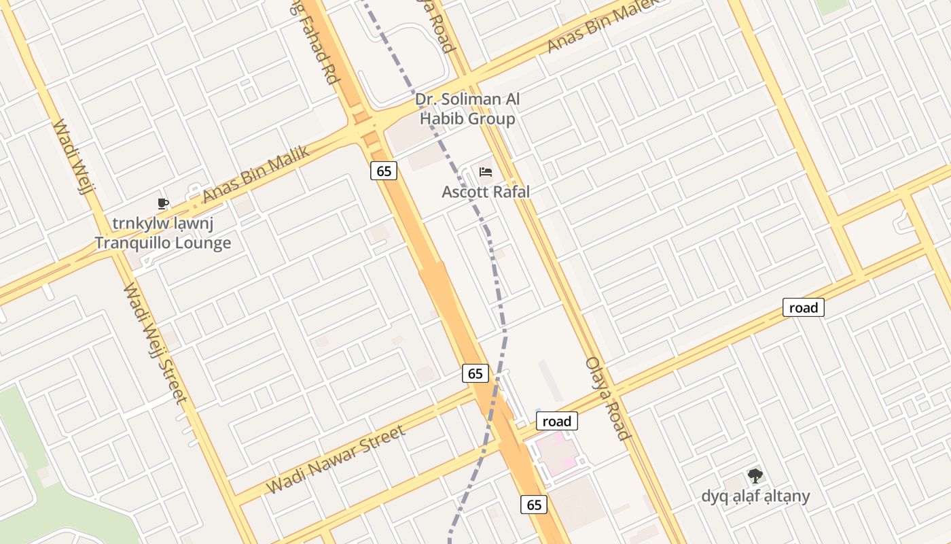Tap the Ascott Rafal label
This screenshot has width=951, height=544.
click(x=485, y=192)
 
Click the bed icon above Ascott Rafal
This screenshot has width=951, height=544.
click(x=485, y=171)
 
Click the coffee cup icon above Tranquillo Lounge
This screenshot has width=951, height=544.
click(x=162, y=203)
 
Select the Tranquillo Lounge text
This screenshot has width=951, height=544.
click(x=162, y=243)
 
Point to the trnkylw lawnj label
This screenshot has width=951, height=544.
click(x=162, y=223)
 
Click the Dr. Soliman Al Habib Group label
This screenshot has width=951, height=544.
click(x=467, y=109)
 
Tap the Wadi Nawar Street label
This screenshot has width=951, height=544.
click(x=336, y=460)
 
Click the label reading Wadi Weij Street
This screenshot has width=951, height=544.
click(x=155, y=343)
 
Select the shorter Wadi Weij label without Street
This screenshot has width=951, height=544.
click(x=72, y=156)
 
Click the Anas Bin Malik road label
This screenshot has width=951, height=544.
click(x=256, y=174)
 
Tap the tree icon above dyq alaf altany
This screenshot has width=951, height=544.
click(x=755, y=475)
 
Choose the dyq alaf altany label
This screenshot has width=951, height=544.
click(x=755, y=496)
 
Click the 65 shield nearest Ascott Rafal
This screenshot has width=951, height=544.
click(x=384, y=171)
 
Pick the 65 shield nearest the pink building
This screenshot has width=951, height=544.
click(x=535, y=504)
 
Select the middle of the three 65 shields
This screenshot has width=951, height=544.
click(x=475, y=373)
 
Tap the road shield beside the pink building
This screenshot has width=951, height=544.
click(x=557, y=422)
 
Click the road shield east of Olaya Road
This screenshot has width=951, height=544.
click(x=804, y=307)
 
